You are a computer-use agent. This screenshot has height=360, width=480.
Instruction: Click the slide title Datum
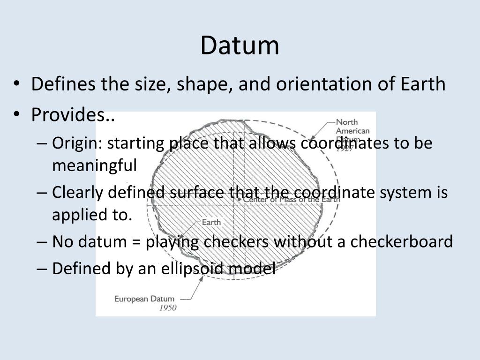coord(240,45)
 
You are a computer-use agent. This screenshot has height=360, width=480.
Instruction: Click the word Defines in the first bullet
coord(57,84)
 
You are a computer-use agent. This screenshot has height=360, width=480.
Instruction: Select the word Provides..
coord(70,114)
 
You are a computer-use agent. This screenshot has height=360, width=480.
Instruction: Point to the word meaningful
coord(94,165)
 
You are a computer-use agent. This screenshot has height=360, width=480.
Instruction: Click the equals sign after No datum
coord(136,242)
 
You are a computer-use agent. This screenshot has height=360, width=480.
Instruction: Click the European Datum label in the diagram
coord(144,299)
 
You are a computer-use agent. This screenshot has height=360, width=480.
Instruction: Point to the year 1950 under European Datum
coord(168,308)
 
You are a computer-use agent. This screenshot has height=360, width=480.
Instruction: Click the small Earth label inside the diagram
coord(211,222)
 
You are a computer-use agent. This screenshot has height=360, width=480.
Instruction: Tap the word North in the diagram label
coord(347,122)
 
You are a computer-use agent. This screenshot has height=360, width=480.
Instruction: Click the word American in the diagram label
coord(352,131)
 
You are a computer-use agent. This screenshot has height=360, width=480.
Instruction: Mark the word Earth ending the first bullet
coord(422,84)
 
